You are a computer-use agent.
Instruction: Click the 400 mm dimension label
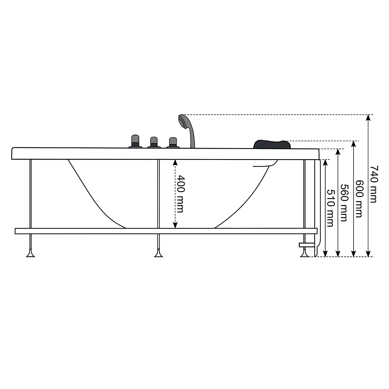[181, 194]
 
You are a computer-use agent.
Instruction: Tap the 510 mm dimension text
[330, 208]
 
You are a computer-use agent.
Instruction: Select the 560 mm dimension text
[344, 203]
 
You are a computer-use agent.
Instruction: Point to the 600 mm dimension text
[359, 198]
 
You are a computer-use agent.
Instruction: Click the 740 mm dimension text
[373, 184]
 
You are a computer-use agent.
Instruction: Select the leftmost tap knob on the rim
[135, 142]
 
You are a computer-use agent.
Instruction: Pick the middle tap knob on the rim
[154, 142]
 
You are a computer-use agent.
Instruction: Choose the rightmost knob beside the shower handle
[173, 143]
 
